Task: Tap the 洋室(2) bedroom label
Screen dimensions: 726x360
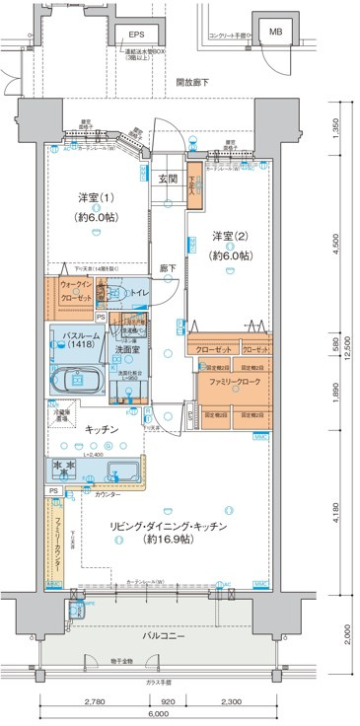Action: coord(230,235)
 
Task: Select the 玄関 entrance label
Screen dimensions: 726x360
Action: coord(168,179)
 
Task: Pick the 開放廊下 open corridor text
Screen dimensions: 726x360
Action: coord(191,84)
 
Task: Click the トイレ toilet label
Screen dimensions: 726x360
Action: coord(140,293)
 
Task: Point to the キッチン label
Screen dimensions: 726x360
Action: coord(102,429)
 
